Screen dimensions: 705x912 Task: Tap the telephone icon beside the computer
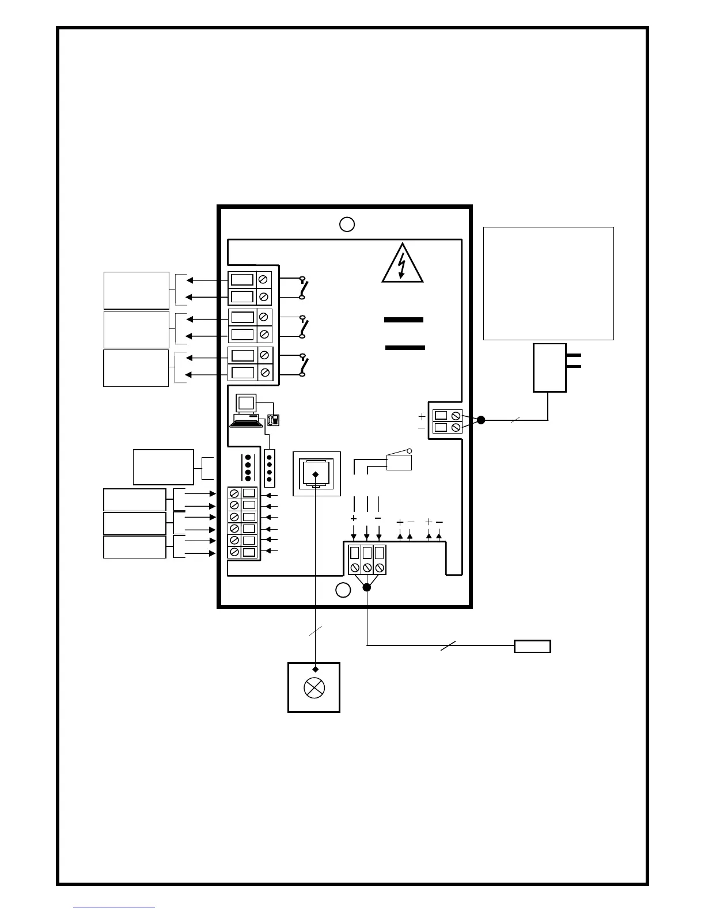tap(273, 420)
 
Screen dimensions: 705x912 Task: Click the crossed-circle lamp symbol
tap(314, 689)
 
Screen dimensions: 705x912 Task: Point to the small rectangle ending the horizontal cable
tap(532, 646)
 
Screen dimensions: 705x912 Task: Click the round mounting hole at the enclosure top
tap(346, 224)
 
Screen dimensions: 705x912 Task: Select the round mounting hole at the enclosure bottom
tap(343, 590)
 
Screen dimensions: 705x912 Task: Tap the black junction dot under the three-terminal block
tap(366, 587)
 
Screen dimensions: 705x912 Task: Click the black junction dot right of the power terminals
tap(481, 420)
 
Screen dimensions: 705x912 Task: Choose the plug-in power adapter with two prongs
tap(550, 367)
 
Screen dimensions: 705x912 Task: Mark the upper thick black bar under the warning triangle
tap(404, 320)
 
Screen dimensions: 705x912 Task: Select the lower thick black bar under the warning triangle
tap(405, 347)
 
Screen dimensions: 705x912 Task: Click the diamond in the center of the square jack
tap(315, 474)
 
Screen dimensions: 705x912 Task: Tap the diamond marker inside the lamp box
tap(315, 669)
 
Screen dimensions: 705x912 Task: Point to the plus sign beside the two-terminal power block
tap(422, 416)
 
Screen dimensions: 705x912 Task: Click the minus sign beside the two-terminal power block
tap(422, 428)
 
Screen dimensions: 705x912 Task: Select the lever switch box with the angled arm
tap(399, 462)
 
